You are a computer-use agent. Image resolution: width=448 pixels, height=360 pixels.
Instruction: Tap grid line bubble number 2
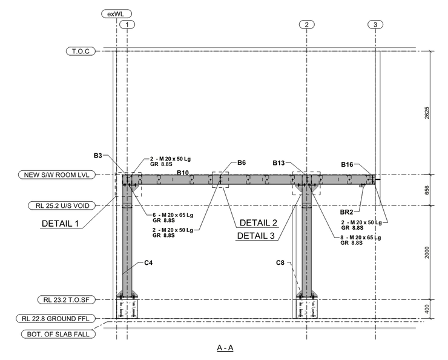pyautogui.click(x=307, y=24)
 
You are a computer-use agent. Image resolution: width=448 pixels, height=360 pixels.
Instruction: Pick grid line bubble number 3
pyautogui.click(x=375, y=24)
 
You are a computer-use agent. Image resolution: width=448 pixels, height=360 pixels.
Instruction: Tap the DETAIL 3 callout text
pyautogui.click(x=260, y=235)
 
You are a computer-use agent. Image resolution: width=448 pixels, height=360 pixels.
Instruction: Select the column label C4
pyautogui.click(x=148, y=263)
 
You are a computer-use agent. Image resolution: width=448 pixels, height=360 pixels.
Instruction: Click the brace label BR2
pyautogui.click(x=348, y=212)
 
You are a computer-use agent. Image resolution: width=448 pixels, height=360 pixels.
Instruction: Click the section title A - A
pyautogui.click(x=225, y=348)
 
